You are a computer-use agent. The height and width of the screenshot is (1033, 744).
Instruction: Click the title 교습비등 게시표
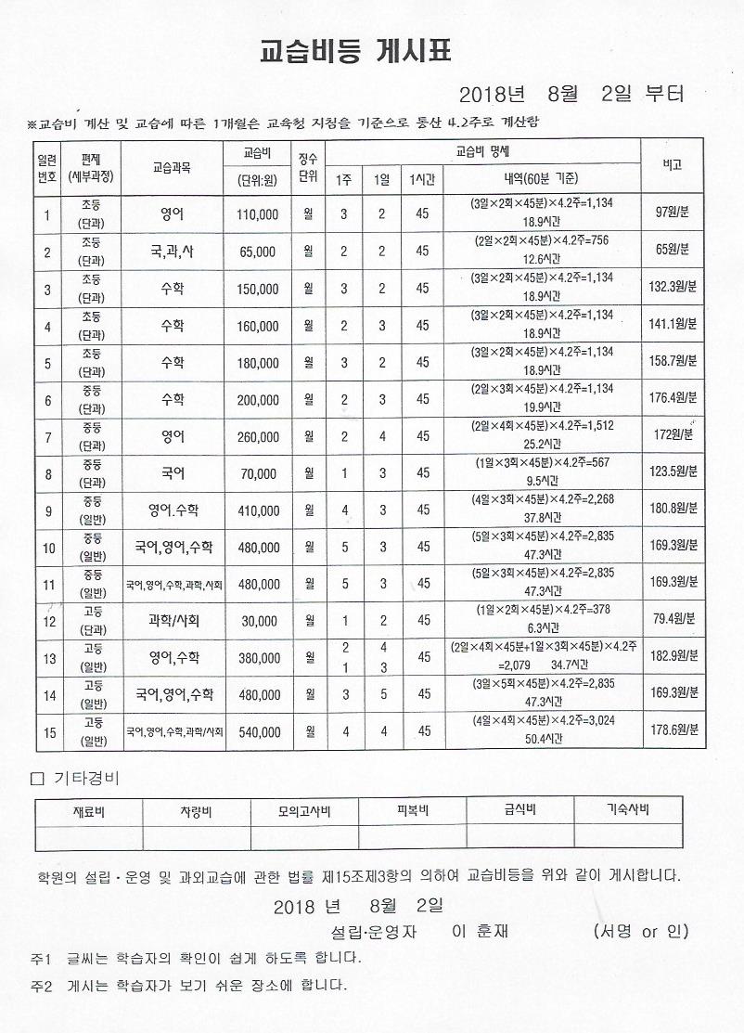coord(355,52)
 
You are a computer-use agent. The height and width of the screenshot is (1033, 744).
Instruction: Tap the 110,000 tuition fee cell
coord(257,214)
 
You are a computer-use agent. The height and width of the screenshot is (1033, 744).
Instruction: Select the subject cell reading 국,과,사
coord(173,251)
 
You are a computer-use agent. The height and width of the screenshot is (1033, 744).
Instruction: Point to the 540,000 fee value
coord(257,732)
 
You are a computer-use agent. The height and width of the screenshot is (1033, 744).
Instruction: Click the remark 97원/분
coord(671,213)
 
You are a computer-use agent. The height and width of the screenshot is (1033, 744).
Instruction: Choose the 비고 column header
coord(672,164)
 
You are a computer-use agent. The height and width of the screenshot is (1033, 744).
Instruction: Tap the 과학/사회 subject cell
coord(173,620)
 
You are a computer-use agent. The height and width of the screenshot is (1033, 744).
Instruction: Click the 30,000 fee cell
coord(260,621)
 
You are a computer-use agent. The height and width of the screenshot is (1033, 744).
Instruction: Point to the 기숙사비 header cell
coord(627,810)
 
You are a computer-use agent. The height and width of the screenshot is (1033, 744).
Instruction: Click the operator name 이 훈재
coord(480,931)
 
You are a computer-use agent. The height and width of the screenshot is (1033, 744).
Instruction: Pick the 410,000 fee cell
coord(257,510)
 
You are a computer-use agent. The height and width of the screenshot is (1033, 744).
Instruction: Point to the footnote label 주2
coord(39,985)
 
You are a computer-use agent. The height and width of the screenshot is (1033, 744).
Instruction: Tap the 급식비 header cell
coord(519,810)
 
